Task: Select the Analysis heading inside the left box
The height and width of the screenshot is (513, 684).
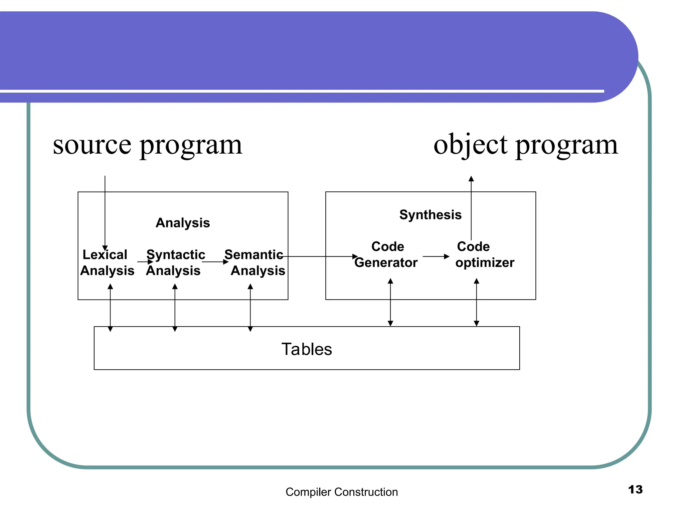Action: (183, 223)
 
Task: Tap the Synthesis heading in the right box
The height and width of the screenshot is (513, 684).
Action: (430, 215)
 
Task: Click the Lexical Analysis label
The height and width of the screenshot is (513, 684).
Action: (107, 263)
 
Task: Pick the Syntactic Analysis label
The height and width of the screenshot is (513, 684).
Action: (175, 263)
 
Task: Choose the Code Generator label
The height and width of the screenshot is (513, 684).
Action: (386, 254)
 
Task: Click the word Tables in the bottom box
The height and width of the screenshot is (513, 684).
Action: (307, 349)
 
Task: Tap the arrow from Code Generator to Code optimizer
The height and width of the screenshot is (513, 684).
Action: (436, 256)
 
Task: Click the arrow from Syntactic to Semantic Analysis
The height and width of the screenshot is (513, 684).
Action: (215, 262)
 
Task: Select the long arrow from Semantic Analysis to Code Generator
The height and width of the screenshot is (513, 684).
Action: (321, 256)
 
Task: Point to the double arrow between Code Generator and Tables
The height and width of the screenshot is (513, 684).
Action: (390, 302)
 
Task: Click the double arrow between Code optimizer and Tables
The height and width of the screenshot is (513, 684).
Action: (477, 302)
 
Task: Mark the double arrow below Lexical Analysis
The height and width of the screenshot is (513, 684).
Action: (110, 308)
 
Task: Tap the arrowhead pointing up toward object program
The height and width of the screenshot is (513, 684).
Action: (471, 179)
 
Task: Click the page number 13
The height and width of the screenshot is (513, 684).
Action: (635, 490)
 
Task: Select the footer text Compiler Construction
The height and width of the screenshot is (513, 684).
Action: (342, 492)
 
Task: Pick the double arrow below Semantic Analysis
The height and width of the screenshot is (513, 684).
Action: (250, 308)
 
